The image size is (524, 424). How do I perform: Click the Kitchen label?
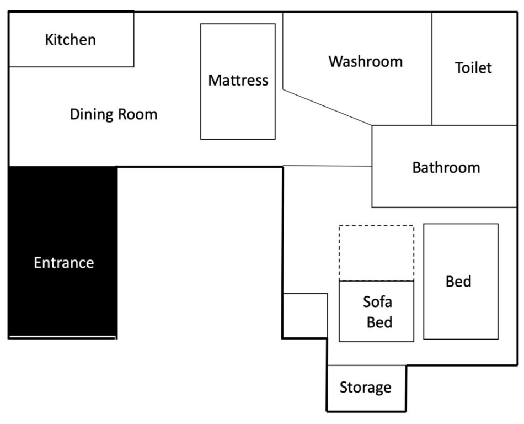click(x=71, y=40)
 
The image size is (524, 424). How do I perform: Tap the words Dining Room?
click(x=114, y=115)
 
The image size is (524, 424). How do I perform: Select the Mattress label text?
click(x=238, y=81)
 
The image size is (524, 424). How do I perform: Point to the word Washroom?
click(x=366, y=61)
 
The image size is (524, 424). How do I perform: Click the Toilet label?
click(x=473, y=68)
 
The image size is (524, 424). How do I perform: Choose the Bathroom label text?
click(x=446, y=167)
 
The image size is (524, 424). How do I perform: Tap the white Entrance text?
click(x=64, y=263)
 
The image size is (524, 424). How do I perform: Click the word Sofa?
click(x=378, y=302)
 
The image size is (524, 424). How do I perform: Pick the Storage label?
click(x=365, y=388)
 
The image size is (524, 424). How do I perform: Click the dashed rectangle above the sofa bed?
click(x=376, y=253)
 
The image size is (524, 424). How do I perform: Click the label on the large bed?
click(x=458, y=282)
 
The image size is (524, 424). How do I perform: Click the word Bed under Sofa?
click(x=379, y=322)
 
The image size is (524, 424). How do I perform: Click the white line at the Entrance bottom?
click(x=62, y=336)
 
